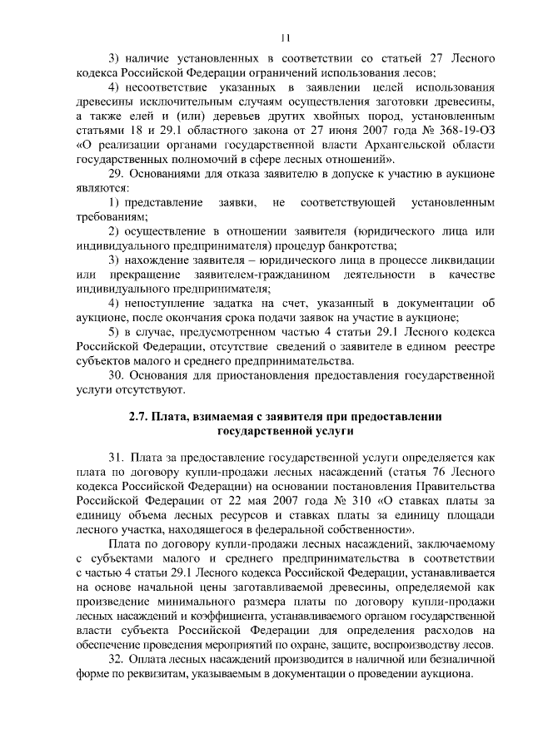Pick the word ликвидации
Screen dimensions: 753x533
464,260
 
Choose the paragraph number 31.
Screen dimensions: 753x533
116,457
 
